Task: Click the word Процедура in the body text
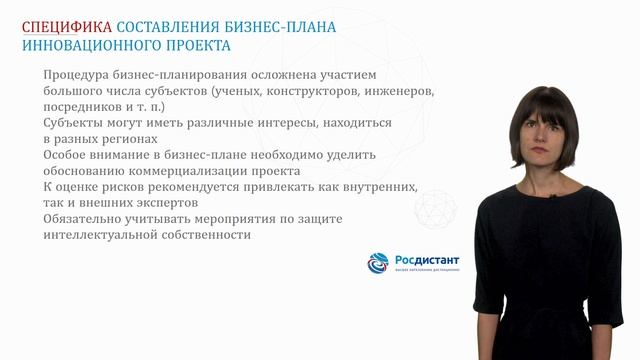[x=78, y=76]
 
